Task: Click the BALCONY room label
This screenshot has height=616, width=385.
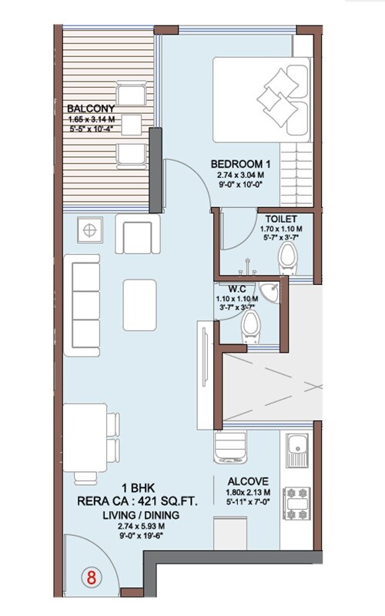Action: tap(91, 108)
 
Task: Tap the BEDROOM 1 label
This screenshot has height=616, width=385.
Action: tap(240, 164)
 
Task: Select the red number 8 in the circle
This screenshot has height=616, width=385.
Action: tap(91, 577)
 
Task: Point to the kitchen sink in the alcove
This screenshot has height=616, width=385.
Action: tap(297, 450)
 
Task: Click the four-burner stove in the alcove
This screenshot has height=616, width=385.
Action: tap(297, 504)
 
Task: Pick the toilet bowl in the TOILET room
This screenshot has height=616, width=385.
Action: tap(288, 258)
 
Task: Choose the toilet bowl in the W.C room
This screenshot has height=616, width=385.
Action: tap(250, 326)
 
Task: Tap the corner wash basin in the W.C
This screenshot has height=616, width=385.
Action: tap(270, 293)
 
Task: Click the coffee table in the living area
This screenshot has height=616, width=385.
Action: tap(139, 305)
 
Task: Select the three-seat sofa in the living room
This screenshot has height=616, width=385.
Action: tap(82, 305)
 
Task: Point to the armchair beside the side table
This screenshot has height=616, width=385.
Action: tap(138, 234)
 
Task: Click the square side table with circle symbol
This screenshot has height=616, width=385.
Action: tap(90, 229)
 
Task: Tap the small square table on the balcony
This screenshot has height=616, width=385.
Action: tap(131, 125)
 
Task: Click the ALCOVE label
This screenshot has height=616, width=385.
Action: tap(248, 481)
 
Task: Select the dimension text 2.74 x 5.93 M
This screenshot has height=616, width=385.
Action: tap(141, 526)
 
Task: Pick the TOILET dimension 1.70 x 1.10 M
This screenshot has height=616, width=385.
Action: tap(281, 229)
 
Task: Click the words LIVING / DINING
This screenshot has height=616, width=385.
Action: tap(141, 515)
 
